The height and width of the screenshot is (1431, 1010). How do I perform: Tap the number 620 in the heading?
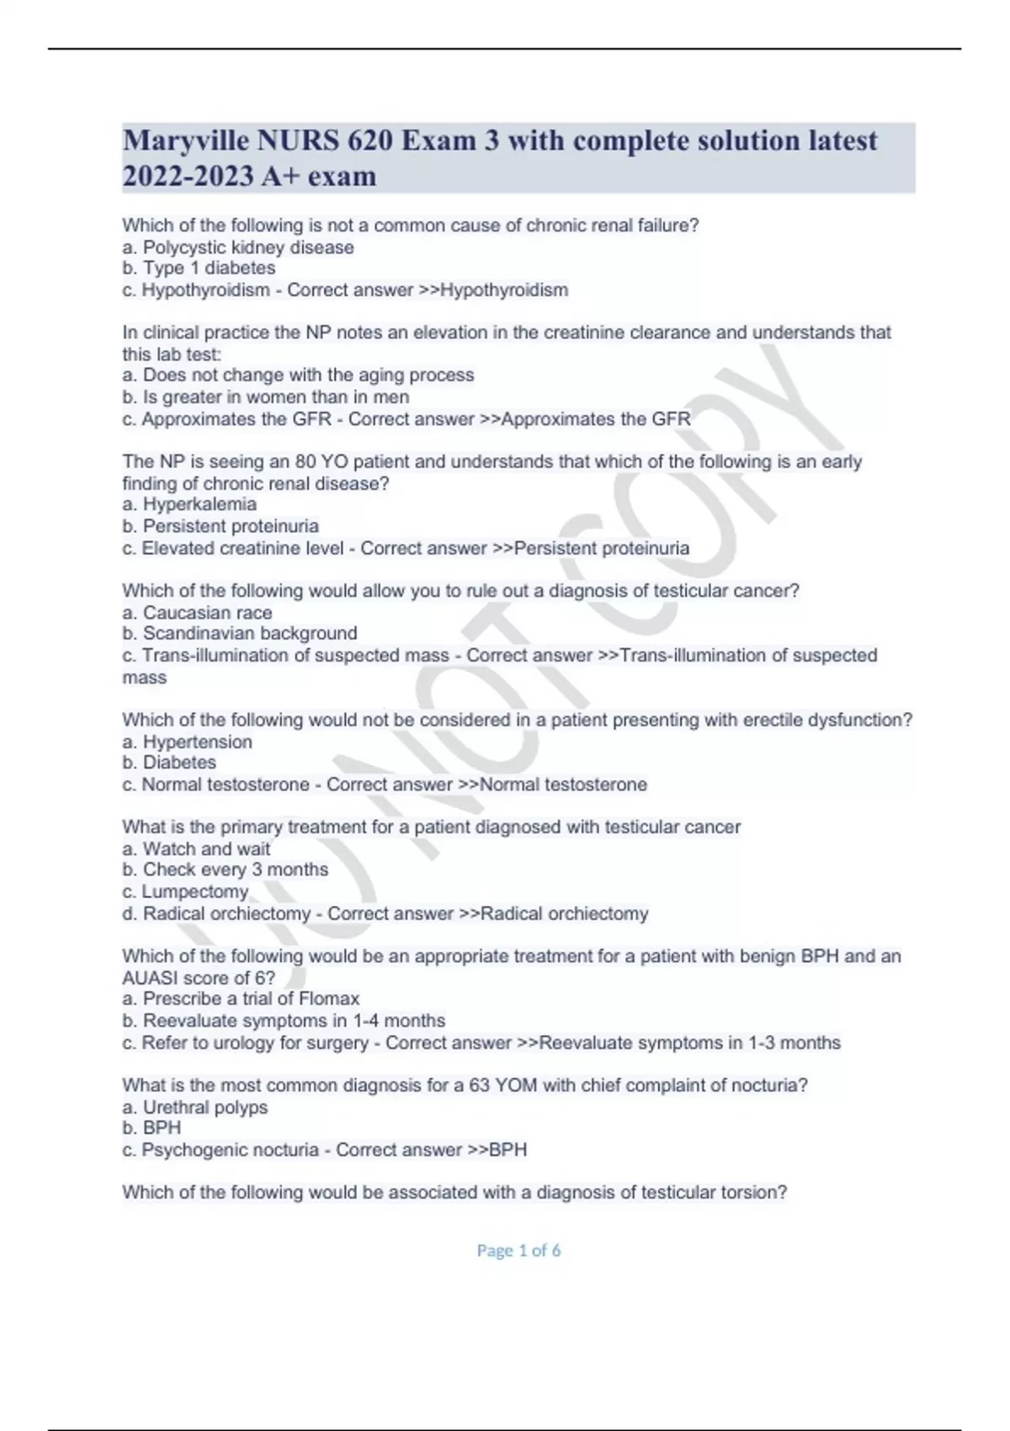coord(367,141)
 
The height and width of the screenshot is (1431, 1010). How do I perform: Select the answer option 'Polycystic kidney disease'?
coord(247,247)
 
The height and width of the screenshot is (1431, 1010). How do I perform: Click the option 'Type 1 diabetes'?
coord(209,269)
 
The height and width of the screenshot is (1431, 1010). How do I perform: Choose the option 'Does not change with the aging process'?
coord(308,375)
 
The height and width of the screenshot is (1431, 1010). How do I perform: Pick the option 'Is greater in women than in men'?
coord(275,397)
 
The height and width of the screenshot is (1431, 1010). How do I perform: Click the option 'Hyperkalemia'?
coord(199,504)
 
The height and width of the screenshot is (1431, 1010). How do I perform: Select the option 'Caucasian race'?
coord(207,613)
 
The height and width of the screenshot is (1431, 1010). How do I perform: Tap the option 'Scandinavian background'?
coord(249,633)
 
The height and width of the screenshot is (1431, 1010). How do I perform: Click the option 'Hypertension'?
coord(197,742)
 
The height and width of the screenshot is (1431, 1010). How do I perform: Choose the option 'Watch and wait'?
coord(206,848)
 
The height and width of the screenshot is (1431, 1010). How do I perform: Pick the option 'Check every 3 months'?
coord(235,870)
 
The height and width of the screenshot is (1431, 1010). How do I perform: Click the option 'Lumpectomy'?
coord(194,891)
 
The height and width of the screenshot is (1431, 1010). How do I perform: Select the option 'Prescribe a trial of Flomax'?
coord(251,998)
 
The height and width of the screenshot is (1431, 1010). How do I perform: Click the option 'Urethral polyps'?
coord(205,1107)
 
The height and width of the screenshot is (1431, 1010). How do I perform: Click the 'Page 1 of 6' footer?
coord(518,1251)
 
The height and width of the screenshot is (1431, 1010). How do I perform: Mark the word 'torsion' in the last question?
coord(756,1193)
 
